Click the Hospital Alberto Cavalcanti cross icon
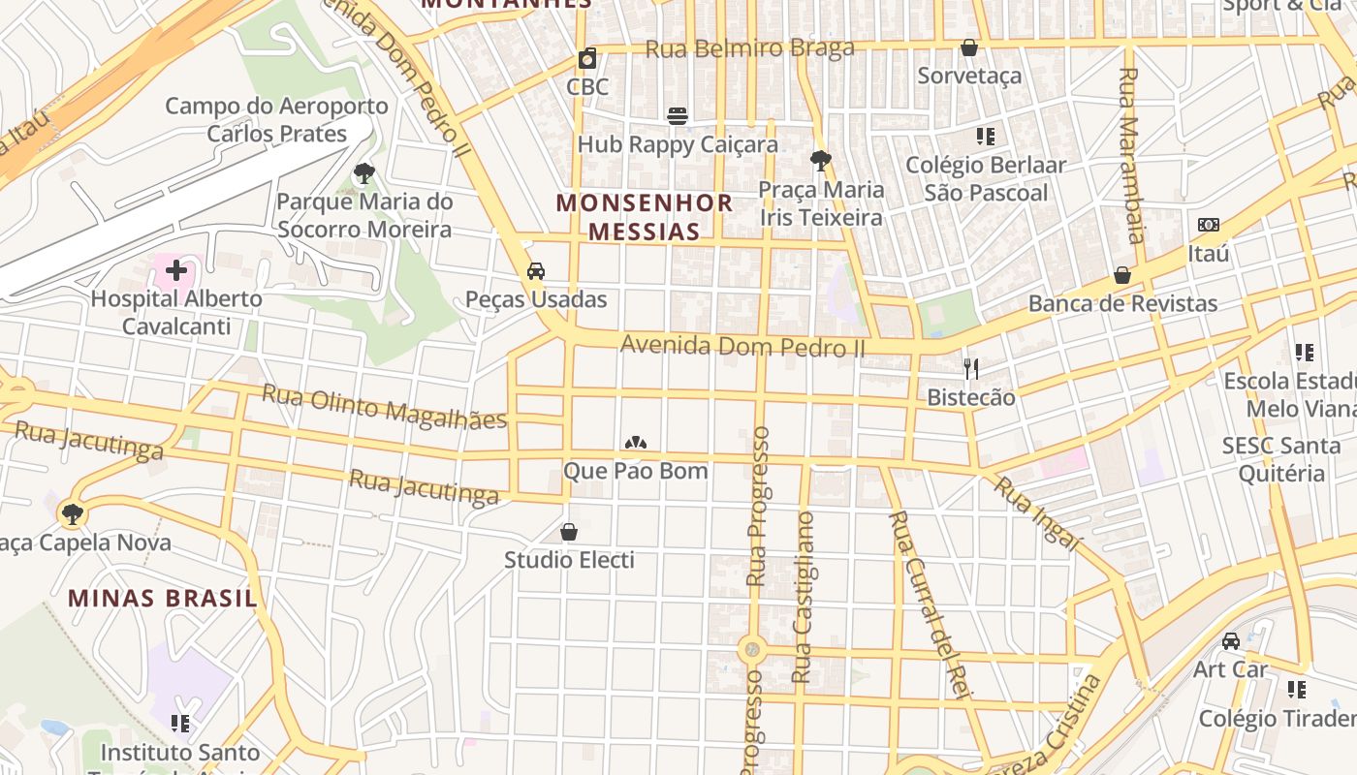(x=175, y=270)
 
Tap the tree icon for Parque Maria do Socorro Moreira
(x=364, y=174)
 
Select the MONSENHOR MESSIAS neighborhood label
(x=645, y=217)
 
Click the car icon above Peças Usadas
(x=536, y=271)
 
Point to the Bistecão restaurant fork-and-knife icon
(x=971, y=368)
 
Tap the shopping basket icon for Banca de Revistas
(x=1122, y=275)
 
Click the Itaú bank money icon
(x=1209, y=225)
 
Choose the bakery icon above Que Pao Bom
(x=636, y=443)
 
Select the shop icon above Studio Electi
(x=569, y=532)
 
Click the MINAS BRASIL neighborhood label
(x=163, y=598)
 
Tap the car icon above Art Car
(x=1230, y=641)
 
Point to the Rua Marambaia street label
(x=1131, y=155)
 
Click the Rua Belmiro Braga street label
(x=750, y=48)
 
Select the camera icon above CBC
(x=587, y=58)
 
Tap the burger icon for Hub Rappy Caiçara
(x=678, y=116)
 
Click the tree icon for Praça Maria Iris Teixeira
(x=821, y=160)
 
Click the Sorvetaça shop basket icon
(x=969, y=47)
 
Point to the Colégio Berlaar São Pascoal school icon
(x=986, y=137)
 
